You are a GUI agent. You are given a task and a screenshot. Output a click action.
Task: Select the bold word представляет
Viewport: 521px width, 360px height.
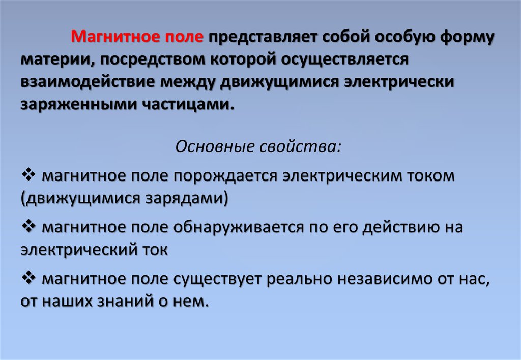coord(263,38)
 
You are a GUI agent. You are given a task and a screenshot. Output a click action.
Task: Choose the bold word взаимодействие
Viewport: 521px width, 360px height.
coord(88,82)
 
